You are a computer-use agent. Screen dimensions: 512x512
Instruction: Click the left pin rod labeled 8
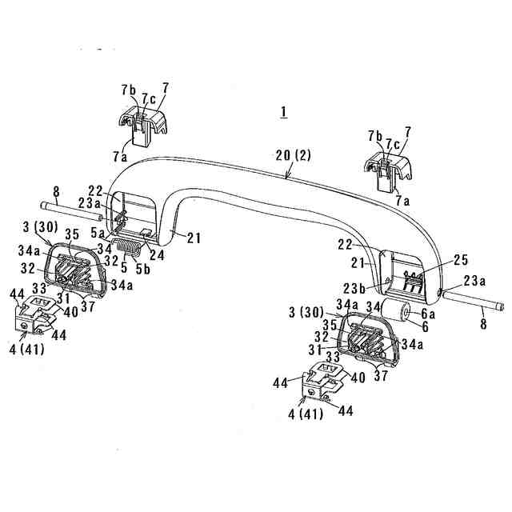(x=76, y=213)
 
